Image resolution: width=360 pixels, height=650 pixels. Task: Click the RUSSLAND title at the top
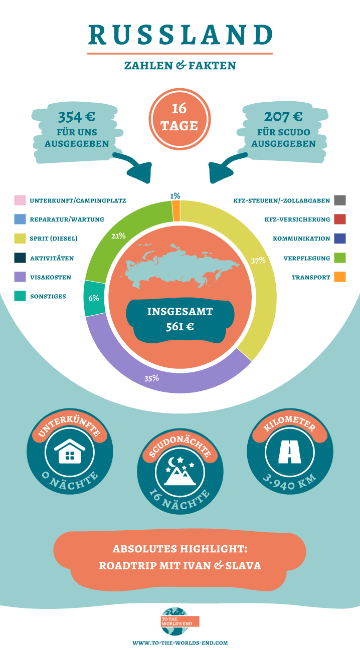[181, 35]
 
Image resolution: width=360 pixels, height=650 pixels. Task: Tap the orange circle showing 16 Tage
[179, 119]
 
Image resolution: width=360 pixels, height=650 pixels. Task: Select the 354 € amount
[77, 117]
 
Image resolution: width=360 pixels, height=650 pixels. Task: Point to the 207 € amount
[283, 116]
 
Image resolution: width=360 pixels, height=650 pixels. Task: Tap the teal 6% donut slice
[94, 298]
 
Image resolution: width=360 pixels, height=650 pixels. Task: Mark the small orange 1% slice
[176, 211]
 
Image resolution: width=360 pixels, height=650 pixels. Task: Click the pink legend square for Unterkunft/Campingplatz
[20, 200]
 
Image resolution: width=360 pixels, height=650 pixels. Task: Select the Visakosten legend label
[51, 277]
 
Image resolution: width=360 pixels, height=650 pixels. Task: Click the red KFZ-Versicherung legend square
[339, 219]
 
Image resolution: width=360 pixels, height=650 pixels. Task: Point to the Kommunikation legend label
[301, 239]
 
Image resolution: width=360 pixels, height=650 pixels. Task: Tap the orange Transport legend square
[339, 277]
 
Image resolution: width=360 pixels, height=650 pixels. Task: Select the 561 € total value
[179, 327]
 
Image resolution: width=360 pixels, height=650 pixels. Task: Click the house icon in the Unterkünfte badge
[70, 451]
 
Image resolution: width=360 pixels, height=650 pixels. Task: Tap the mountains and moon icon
[180, 471]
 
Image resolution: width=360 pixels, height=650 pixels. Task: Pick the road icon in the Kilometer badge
[290, 452]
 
